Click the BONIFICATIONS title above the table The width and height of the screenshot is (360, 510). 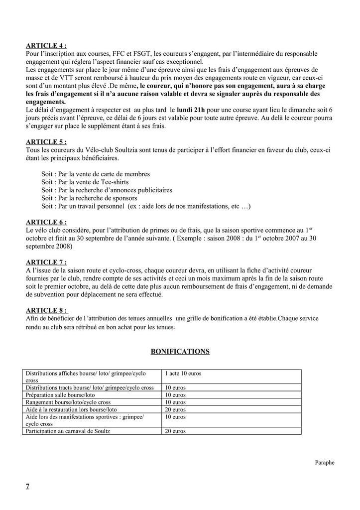click(180, 352)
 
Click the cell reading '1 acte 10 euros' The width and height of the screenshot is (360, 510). click(183, 373)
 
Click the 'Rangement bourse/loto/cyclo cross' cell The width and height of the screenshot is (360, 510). click(68, 402)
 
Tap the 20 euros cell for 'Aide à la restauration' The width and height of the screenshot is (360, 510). click(175, 409)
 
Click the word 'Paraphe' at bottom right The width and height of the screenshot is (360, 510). click(325, 462)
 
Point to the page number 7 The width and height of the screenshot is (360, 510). click(27, 486)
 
